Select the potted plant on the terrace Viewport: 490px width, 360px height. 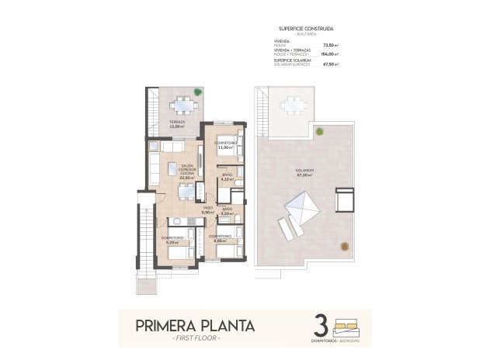coord(198,93)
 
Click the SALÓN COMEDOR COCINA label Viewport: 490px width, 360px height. coord(186,171)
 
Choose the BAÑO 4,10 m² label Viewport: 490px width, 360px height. coord(228,178)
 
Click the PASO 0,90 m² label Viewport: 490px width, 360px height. coord(208,210)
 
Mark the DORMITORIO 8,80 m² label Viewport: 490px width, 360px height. coord(221,238)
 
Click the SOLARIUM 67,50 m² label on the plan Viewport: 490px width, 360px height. coord(304,173)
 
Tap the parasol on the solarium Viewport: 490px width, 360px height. coord(301,207)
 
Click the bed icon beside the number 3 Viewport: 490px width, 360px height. coord(346,320)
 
